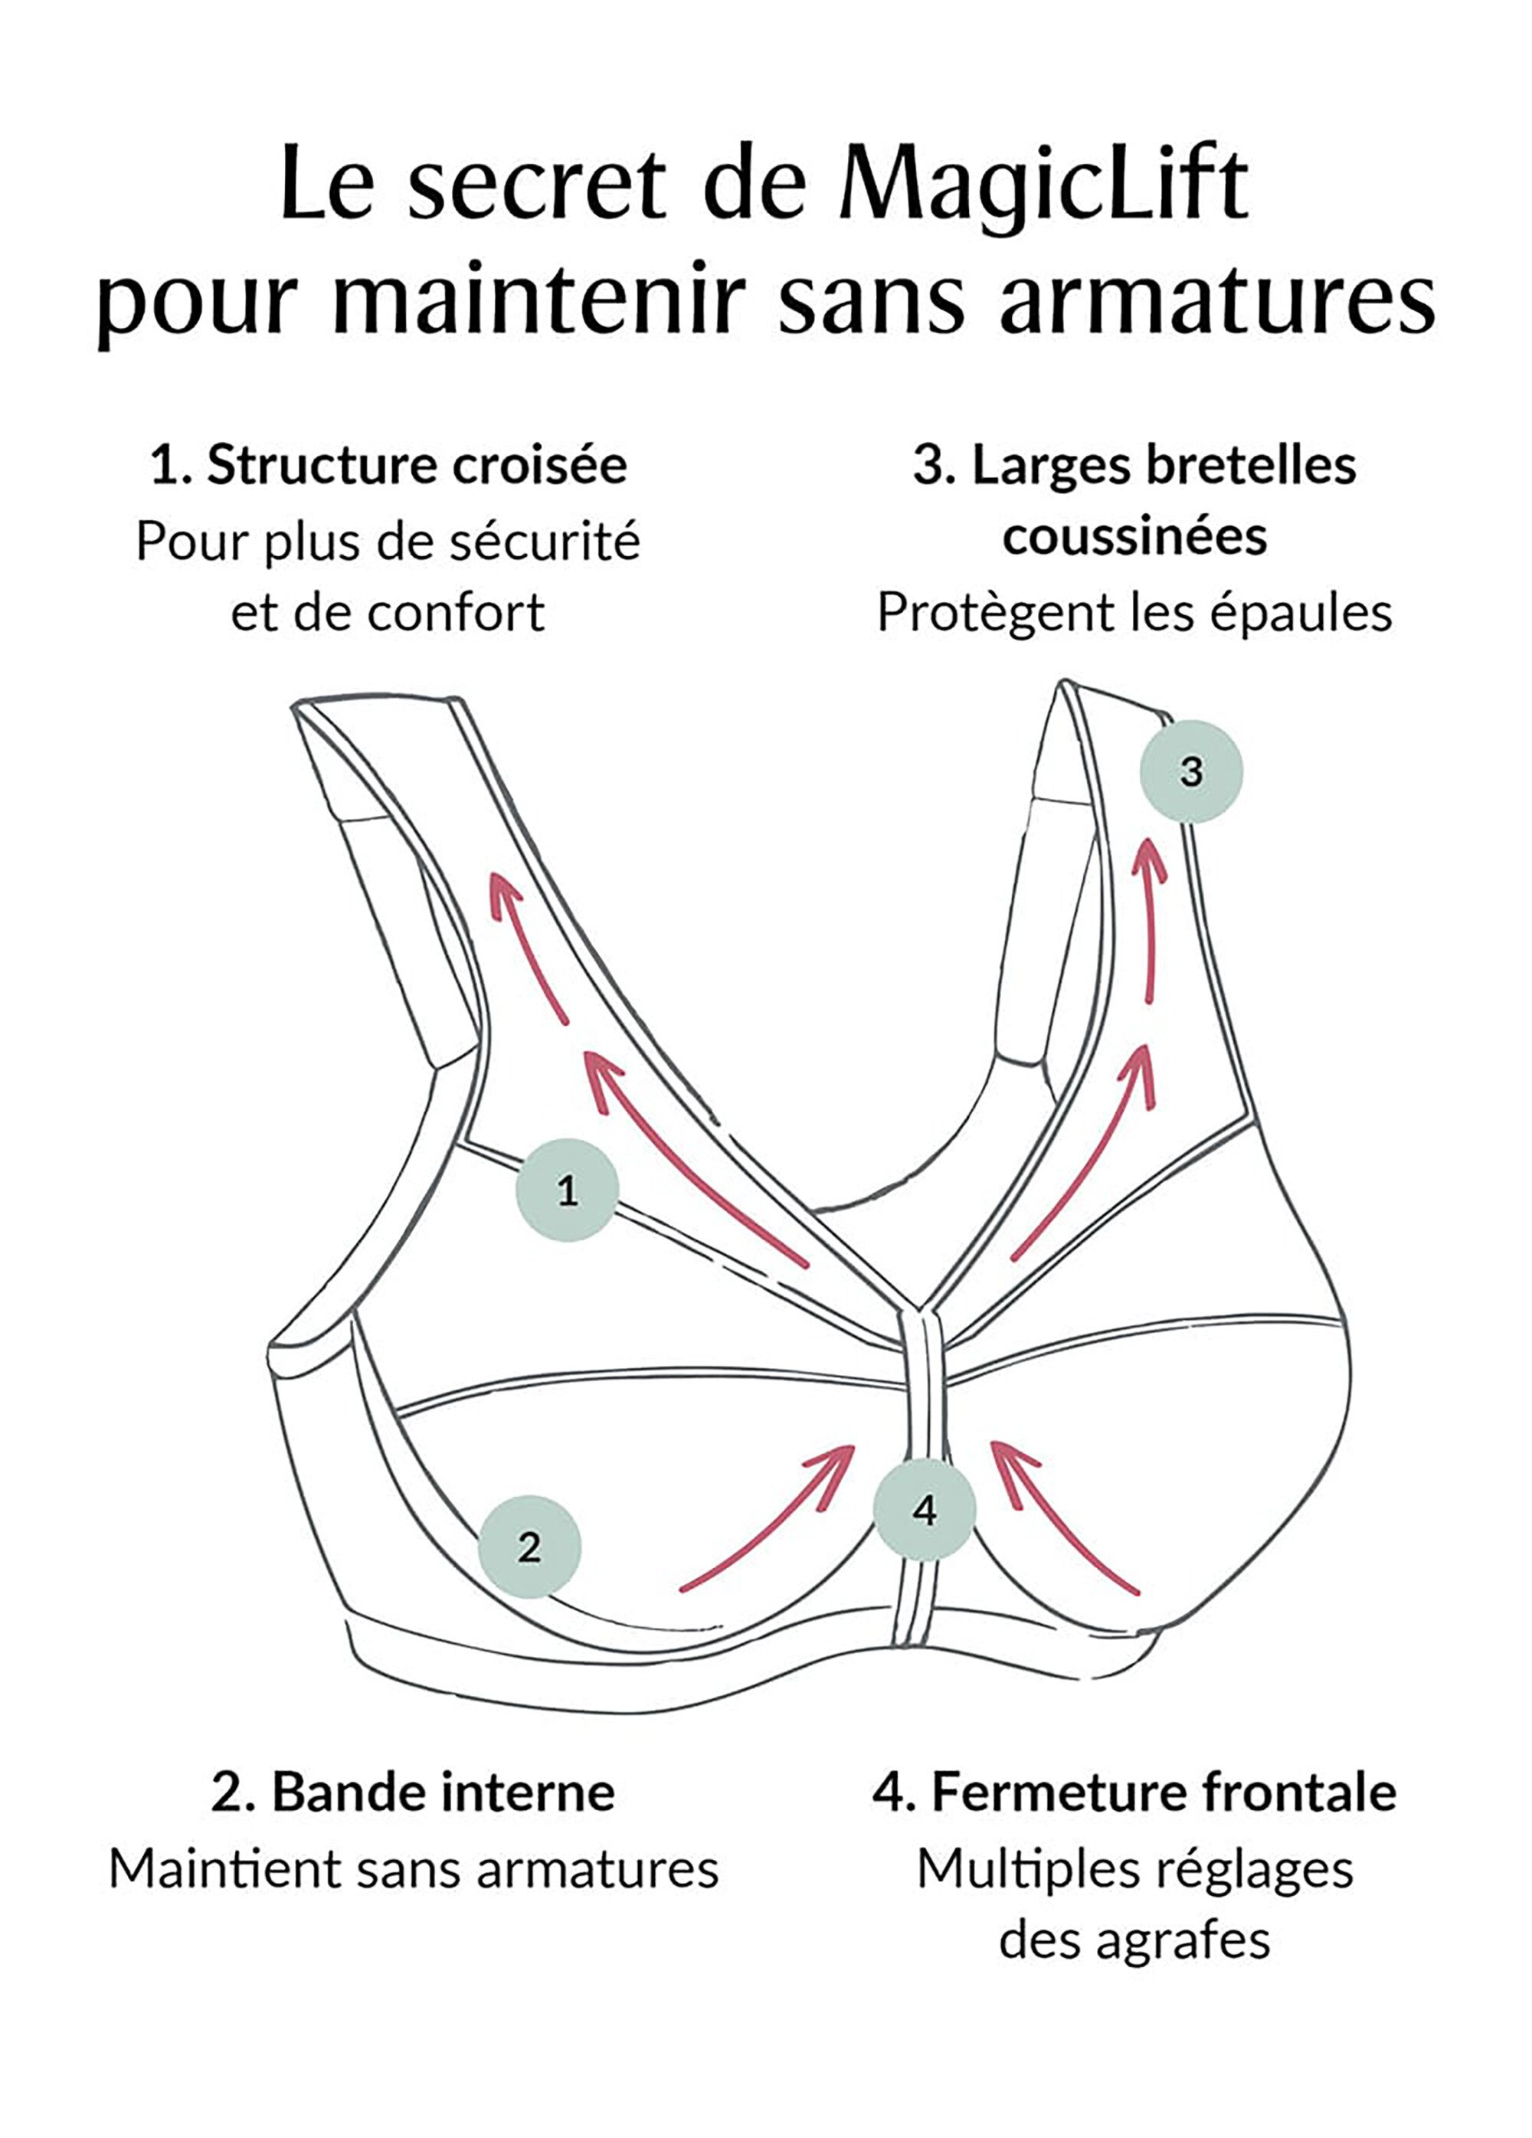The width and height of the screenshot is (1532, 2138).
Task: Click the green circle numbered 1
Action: coord(567,1190)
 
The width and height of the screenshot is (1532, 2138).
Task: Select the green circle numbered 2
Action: coord(529,1547)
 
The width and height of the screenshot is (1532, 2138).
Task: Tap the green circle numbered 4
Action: coord(924,1510)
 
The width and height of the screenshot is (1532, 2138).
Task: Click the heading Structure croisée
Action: coord(417,466)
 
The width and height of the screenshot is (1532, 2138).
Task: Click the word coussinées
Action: coord(1134,537)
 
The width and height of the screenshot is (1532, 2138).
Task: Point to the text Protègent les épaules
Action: coord(1134,613)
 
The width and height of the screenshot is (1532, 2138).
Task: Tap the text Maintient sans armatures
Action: coord(414,1868)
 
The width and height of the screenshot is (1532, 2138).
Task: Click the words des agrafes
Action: coord(1134,1940)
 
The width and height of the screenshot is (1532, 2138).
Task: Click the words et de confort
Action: coord(388,613)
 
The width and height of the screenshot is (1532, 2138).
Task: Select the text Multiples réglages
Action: coord(1134,1868)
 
